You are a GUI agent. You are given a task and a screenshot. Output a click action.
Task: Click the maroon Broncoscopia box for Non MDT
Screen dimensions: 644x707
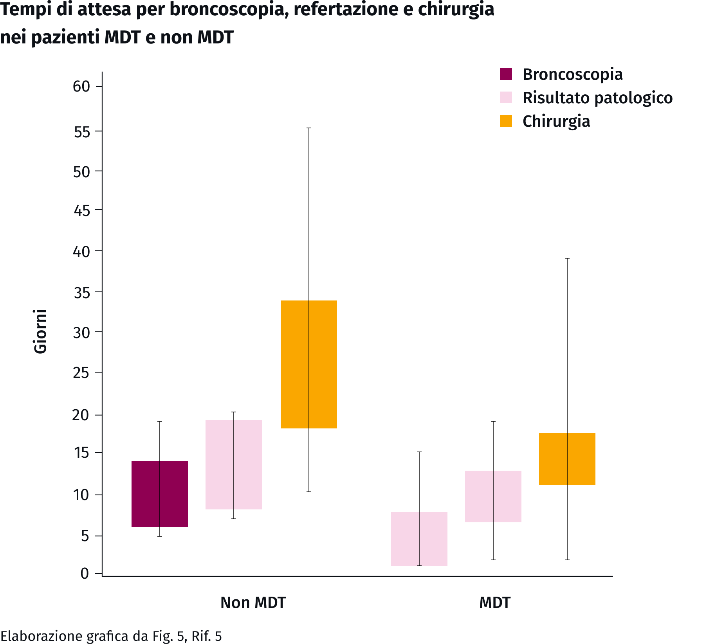point(160,494)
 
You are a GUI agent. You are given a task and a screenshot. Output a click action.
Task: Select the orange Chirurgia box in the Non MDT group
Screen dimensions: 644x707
point(309,364)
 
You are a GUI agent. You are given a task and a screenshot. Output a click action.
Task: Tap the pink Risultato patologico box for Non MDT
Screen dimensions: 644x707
point(234,465)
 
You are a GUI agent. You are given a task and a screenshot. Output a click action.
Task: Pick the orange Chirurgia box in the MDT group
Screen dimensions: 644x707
point(567,459)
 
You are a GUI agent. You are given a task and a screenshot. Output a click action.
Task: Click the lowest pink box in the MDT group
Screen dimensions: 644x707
point(419,539)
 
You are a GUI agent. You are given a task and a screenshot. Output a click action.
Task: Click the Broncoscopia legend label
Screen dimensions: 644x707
point(572,74)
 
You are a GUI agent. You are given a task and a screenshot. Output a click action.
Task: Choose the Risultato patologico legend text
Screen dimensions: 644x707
point(597,98)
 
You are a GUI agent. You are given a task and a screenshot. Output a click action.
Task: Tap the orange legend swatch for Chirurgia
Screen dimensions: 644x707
point(506,121)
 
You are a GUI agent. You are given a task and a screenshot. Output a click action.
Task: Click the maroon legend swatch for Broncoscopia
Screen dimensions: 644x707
point(506,74)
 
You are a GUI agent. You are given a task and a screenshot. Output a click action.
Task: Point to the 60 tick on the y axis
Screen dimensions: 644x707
point(81,86)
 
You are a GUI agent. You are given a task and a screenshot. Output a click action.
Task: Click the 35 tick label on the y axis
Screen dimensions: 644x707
point(81,292)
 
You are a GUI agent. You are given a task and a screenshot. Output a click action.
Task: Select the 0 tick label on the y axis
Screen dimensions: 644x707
point(85,574)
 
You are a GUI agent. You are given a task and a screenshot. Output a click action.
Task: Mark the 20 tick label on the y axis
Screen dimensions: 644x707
point(81,415)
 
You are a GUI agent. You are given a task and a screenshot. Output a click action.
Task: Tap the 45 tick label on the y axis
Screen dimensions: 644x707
point(81,211)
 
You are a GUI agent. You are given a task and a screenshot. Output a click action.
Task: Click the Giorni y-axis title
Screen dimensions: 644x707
point(40,331)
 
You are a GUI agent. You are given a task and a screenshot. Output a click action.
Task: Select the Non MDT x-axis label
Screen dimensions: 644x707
point(253,603)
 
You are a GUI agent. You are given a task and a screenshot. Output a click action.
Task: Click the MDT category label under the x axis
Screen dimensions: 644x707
point(495,603)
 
